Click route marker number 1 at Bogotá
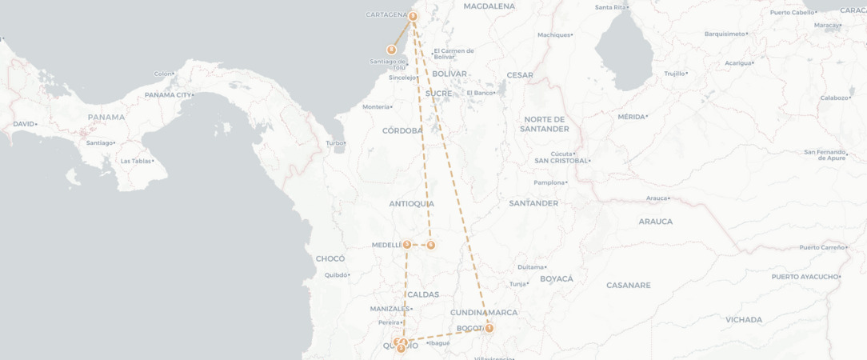point(489,328)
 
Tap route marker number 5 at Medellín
point(407,245)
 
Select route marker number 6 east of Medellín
point(430,245)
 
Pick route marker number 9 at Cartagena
point(413,16)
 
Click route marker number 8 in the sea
point(391,50)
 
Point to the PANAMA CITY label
point(168,95)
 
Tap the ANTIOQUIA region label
point(411,204)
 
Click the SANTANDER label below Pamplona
point(533,203)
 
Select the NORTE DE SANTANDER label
point(544,124)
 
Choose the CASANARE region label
point(628,285)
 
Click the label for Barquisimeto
point(725,34)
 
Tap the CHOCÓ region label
point(330,258)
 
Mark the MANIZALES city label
point(390,309)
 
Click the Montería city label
point(376,106)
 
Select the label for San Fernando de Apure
point(825,154)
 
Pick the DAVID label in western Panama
point(23,124)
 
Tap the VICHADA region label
point(744,319)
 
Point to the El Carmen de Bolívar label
point(453,54)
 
